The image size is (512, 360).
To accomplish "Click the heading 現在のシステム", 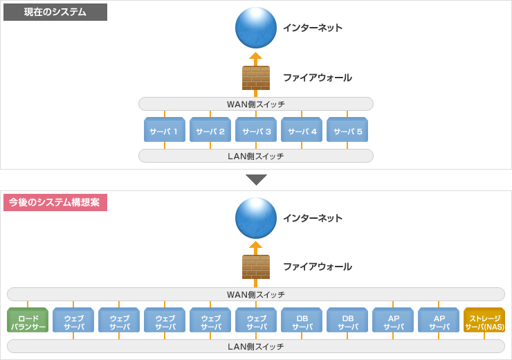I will click(55, 12).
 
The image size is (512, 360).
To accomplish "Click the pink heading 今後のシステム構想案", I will click(55, 202).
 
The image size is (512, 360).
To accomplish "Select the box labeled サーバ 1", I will click(164, 130).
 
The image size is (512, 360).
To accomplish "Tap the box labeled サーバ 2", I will click(210, 130).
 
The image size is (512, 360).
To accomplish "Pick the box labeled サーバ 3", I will click(256, 130).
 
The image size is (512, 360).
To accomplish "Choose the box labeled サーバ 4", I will click(302, 130).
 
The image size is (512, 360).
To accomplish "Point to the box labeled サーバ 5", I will click(347, 130).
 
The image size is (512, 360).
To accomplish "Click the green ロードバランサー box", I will click(28, 321).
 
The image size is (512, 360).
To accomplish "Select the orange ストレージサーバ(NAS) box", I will click(484, 321).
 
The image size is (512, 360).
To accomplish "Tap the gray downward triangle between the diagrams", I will click(256, 179).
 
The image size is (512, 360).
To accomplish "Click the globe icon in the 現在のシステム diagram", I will click(255, 28).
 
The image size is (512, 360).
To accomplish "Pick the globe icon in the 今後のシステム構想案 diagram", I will click(255, 218).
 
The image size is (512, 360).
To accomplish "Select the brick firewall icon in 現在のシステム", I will click(255, 78).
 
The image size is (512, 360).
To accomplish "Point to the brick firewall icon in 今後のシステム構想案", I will click(255, 267).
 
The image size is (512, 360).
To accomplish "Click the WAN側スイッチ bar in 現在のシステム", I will click(256, 104).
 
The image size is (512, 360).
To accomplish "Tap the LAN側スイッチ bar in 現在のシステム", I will click(256, 156).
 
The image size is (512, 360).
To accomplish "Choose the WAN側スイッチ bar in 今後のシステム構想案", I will click(256, 294).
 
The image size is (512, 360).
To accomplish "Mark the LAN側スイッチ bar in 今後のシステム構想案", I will click(256, 346).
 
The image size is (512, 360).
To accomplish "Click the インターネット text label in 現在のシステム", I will click(312, 28).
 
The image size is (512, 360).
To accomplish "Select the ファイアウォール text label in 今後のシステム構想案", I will click(317, 267).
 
